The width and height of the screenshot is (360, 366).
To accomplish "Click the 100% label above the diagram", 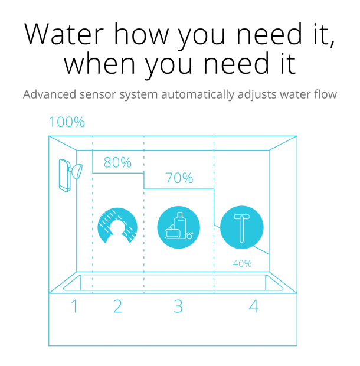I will [x=67, y=122].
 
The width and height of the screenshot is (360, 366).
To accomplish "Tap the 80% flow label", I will [x=117, y=162].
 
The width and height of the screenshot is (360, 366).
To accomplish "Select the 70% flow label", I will [x=179, y=178].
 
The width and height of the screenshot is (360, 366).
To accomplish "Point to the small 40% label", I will [x=242, y=264].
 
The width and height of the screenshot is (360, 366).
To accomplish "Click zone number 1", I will [x=74, y=307].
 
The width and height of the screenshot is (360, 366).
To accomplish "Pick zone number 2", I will [x=117, y=307].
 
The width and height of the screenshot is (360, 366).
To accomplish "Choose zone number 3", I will [x=178, y=307].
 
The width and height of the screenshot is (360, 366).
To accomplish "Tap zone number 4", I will [x=253, y=307].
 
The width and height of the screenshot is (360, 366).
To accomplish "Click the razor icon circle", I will [x=242, y=227].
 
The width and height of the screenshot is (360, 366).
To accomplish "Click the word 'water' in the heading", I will [x=297, y=94].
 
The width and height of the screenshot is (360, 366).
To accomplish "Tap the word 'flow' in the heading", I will [x=326, y=94].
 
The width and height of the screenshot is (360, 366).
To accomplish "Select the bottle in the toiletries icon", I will [x=180, y=223].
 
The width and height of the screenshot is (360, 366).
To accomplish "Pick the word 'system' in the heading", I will [x=133, y=94].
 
